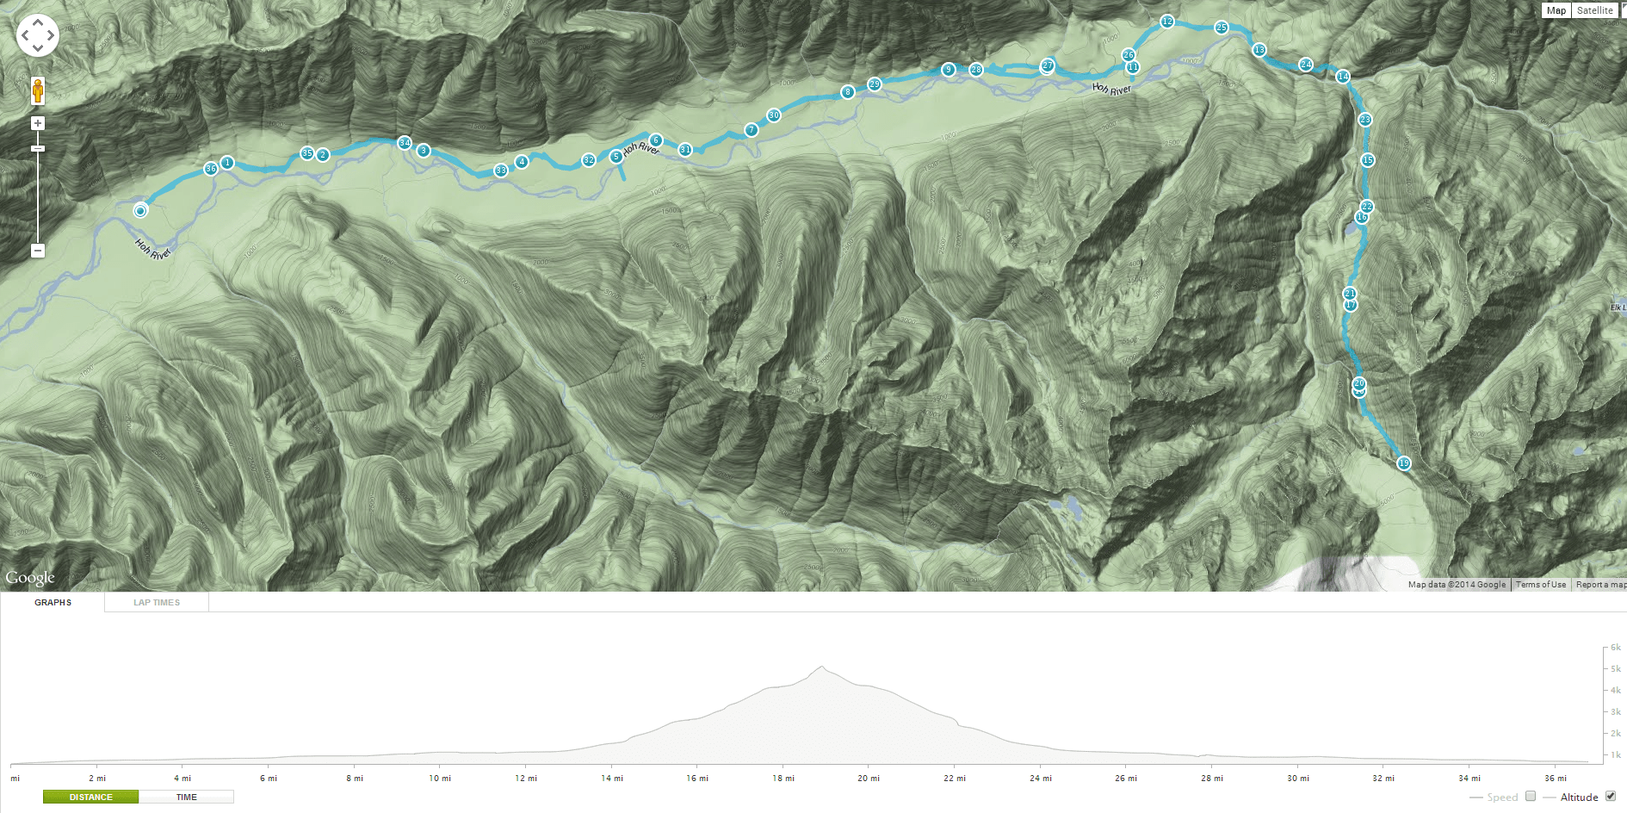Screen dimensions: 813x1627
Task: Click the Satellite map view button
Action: click(x=1594, y=10)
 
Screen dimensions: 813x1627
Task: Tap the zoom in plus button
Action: click(x=38, y=123)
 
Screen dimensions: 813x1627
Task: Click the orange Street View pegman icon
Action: click(x=38, y=90)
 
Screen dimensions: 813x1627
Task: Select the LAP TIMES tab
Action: click(x=157, y=603)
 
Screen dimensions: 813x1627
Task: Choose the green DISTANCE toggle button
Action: click(x=91, y=797)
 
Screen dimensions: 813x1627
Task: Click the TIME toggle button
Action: click(x=186, y=797)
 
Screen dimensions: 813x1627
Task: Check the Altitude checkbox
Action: click(x=1611, y=796)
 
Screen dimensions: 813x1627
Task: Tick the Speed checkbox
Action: click(x=1531, y=796)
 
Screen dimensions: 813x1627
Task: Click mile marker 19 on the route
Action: click(x=1404, y=463)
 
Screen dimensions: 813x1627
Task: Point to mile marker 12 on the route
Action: click(x=1166, y=22)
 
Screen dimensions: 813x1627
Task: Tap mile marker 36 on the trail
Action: click(x=211, y=169)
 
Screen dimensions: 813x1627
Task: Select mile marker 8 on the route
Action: click(x=848, y=92)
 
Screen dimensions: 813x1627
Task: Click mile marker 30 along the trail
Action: click(x=774, y=115)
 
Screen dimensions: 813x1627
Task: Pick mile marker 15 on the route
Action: click(x=1368, y=160)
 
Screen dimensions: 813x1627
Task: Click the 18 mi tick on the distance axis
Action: click(x=783, y=778)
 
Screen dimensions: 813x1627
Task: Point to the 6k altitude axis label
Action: click(x=1616, y=647)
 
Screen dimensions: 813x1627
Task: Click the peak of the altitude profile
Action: click(x=822, y=667)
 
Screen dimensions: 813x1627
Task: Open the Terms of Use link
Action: click(x=1541, y=584)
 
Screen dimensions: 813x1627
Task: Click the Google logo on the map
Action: click(x=30, y=577)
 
